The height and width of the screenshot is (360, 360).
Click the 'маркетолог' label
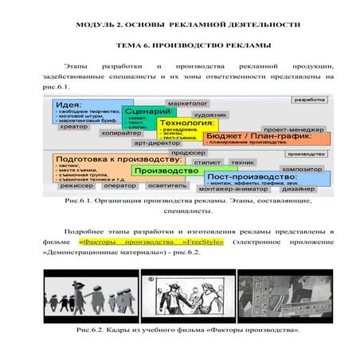coord(187,104)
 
